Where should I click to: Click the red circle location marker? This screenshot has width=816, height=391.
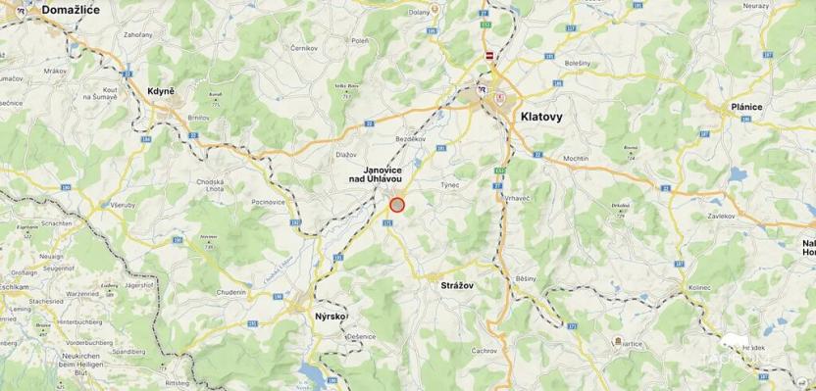pyautogui.click(x=397, y=205)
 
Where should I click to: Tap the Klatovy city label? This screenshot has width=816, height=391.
pyautogui.click(x=541, y=116)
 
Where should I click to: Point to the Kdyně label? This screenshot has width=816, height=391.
pyautogui.click(x=161, y=91)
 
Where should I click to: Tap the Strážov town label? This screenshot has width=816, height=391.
pyautogui.click(x=452, y=283)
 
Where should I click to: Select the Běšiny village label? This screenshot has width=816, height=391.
pyautogui.click(x=526, y=279)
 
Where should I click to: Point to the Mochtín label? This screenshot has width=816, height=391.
pyautogui.click(x=576, y=158)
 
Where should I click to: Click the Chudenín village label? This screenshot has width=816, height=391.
pyautogui.click(x=232, y=291)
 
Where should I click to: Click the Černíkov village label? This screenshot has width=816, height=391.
pyautogui.click(x=304, y=47)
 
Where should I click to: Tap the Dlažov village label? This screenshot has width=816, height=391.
pyautogui.click(x=345, y=154)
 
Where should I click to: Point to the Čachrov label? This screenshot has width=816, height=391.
pyautogui.click(x=484, y=350)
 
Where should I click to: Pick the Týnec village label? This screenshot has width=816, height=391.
pyautogui.click(x=449, y=183)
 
